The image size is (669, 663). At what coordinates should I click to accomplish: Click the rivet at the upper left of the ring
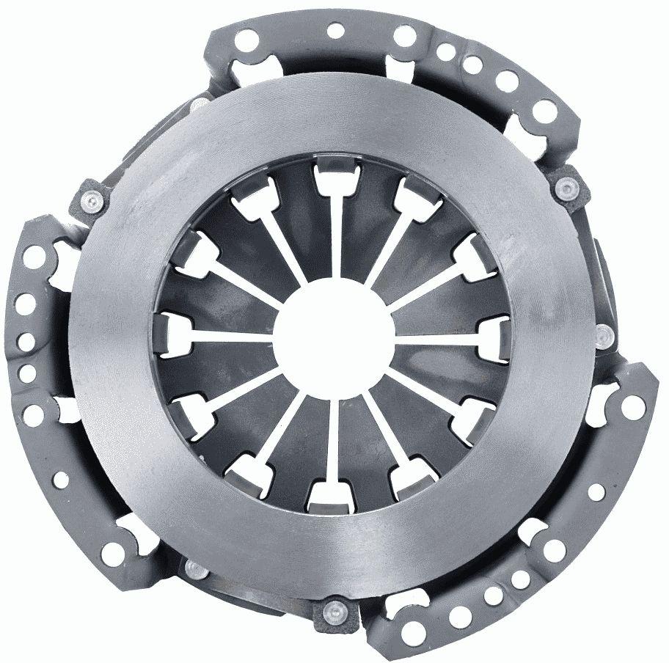[92, 199]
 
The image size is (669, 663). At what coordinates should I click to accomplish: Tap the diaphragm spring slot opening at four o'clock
[468, 413]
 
